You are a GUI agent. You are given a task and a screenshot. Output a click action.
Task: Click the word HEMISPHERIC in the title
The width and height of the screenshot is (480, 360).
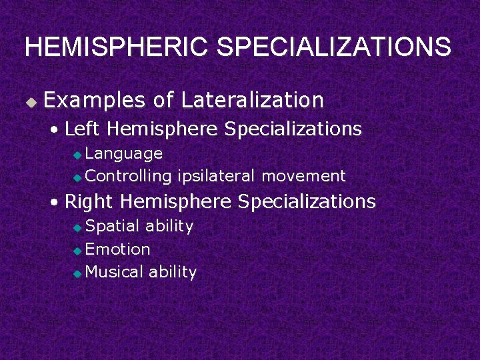[117, 47]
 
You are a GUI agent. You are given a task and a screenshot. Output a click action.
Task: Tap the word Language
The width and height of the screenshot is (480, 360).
[124, 153]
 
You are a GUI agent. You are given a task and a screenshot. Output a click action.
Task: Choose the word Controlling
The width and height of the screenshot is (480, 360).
[129, 176]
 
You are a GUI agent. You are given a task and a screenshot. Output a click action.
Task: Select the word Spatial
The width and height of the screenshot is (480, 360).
[113, 226]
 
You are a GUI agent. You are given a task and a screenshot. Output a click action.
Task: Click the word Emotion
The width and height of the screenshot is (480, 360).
[118, 249]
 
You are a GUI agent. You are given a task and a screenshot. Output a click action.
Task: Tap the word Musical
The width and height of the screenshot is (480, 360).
[115, 272]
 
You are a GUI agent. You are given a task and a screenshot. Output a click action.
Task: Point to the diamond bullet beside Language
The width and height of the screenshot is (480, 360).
[77, 155]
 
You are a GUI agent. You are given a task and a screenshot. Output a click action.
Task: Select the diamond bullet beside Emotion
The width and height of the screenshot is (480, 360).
[77, 251]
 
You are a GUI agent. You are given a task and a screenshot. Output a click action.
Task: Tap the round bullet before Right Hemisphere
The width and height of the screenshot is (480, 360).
[56, 201]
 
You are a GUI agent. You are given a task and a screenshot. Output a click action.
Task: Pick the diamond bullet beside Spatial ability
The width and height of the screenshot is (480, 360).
[77, 227]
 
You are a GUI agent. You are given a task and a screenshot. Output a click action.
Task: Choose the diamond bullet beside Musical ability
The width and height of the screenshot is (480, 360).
[77, 273]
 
